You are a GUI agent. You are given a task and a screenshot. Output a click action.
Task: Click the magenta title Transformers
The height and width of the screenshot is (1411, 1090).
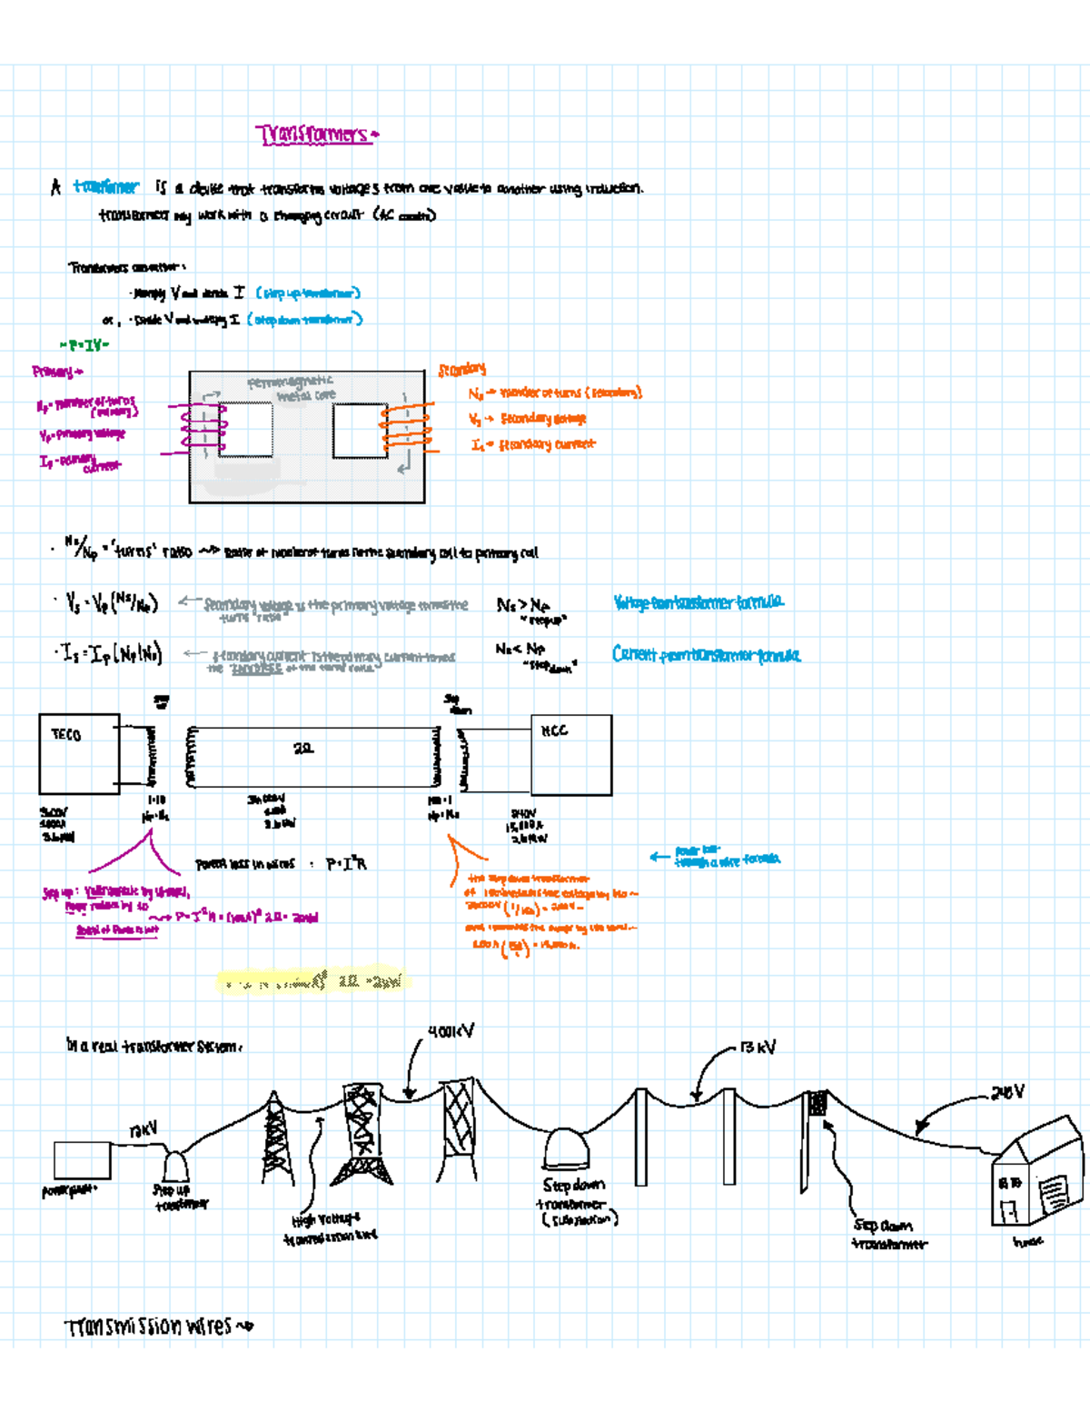coord(315,135)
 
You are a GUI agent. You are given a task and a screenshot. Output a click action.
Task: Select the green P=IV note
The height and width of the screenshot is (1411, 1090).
coord(84,344)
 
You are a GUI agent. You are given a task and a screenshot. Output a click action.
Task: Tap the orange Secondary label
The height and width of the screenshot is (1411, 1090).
coord(461,369)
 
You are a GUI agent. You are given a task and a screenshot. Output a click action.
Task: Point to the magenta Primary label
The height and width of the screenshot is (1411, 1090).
coord(56,372)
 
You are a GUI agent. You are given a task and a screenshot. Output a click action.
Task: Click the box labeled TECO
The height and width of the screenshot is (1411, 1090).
coord(79,754)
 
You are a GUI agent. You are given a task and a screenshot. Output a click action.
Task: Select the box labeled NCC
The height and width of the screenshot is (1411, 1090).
coord(571,754)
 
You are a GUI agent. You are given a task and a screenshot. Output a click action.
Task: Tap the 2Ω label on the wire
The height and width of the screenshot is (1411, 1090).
coord(303,749)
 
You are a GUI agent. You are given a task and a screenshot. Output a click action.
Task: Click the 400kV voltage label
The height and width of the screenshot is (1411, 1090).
coord(451,1031)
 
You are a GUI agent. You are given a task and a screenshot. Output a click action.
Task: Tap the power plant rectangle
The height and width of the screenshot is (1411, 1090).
coord(82,1160)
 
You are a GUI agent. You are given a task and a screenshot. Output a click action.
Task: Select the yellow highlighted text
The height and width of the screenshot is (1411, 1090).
coord(313,981)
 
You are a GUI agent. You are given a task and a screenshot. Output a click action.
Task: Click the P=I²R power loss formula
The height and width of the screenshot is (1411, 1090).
coord(346,863)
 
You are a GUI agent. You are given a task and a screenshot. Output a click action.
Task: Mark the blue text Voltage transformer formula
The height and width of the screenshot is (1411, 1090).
coord(698,602)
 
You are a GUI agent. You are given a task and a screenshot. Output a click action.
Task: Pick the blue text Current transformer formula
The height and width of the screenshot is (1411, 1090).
coord(706,655)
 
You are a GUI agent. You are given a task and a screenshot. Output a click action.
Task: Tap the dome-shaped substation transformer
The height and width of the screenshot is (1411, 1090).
coord(566,1149)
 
